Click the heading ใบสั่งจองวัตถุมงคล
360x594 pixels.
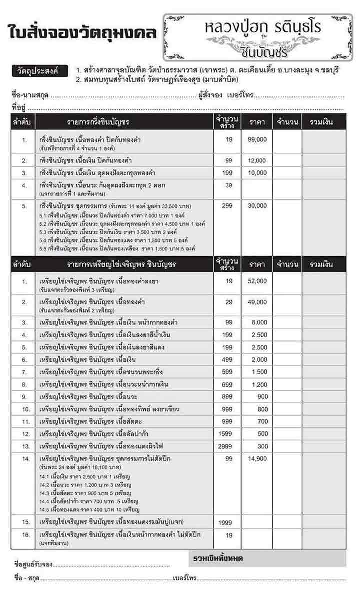click(x=83, y=32)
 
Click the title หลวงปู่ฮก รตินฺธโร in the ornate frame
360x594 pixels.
click(x=258, y=29)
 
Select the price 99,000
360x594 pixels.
click(x=257, y=140)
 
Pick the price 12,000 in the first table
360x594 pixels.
click(x=257, y=160)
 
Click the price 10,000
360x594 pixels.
click(x=257, y=173)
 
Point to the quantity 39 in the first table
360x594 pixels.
click(x=229, y=185)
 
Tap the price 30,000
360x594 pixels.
click(x=257, y=205)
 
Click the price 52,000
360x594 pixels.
click(x=257, y=281)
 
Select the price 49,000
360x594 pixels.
click(x=257, y=302)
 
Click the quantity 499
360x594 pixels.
click(x=229, y=360)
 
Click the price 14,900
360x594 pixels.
click(x=257, y=458)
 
